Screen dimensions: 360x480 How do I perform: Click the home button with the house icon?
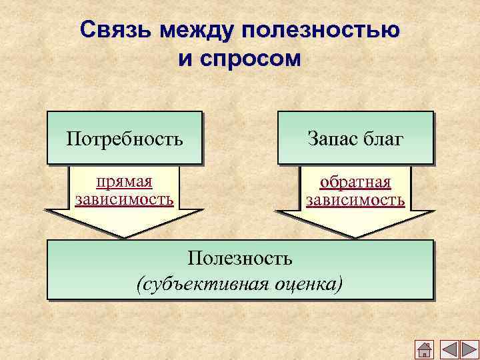[x=425, y=349]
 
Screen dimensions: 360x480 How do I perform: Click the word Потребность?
[x=125, y=139]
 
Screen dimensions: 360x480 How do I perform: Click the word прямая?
[x=124, y=182]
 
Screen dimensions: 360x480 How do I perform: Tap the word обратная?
[x=355, y=183]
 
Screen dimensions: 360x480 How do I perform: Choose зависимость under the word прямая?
[x=124, y=199]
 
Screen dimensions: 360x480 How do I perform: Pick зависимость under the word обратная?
[x=355, y=199]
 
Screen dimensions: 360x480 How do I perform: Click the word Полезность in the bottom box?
[x=240, y=258]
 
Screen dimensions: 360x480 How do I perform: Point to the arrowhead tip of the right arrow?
[x=355, y=237]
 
